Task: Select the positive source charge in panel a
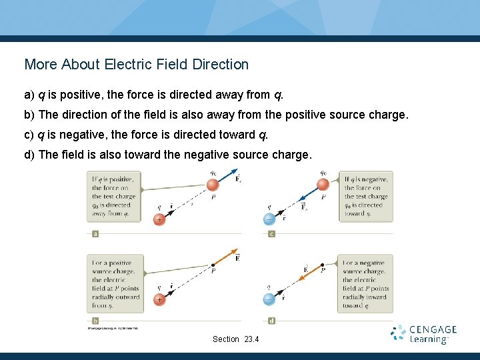point(159,219)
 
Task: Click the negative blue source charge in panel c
point(268,219)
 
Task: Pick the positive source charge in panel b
point(159,300)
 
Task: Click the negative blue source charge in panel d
point(268,300)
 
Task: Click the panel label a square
point(95,234)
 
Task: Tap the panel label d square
point(271,321)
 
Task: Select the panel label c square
point(271,234)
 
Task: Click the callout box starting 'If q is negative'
point(366,196)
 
